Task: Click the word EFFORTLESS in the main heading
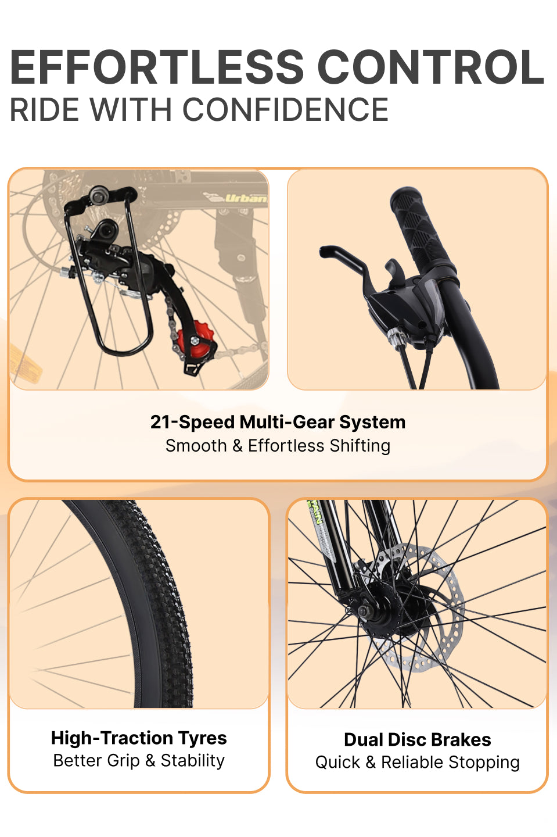157,67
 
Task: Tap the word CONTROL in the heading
430,67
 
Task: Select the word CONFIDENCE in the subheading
286,109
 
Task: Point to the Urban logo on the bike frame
246,198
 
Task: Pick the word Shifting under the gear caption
360,446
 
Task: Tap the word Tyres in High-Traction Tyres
203,739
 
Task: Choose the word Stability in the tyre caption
193,761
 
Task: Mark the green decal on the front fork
315,513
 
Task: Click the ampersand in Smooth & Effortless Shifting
237,446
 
